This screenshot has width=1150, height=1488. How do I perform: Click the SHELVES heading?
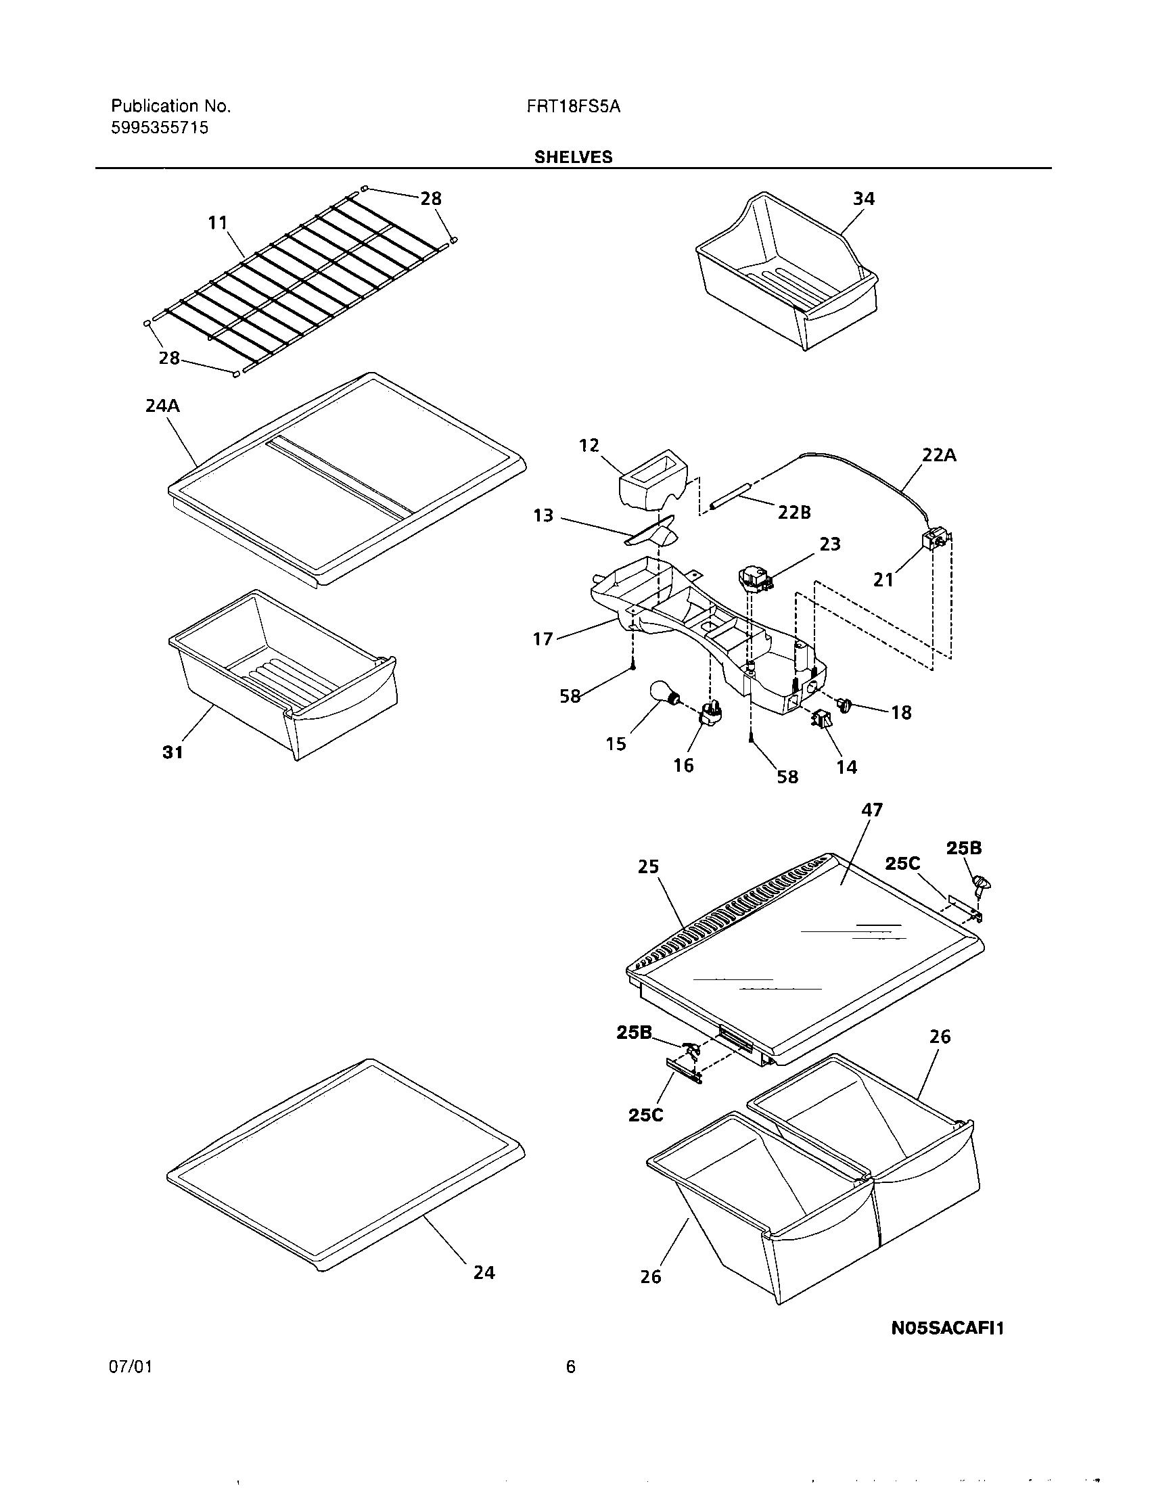[x=573, y=158]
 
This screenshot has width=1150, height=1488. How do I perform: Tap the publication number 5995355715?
[x=160, y=128]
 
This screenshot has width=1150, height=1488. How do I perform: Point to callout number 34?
[x=863, y=199]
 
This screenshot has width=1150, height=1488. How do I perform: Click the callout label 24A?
[x=162, y=406]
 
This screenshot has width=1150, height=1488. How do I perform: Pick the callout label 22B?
[x=794, y=513]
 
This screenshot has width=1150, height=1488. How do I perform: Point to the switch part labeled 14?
[x=821, y=720]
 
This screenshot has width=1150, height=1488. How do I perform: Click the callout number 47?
[x=872, y=810]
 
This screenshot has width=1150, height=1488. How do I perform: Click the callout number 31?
[x=172, y=752]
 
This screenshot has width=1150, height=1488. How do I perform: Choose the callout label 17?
[x=543, y=639]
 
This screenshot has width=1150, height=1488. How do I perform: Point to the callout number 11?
[x=217, y=223]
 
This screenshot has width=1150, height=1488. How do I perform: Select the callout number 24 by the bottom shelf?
[x=484, y=1272]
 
